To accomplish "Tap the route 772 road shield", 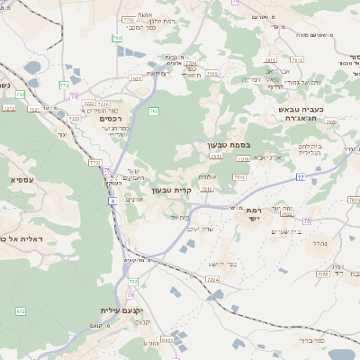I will click(65, 84).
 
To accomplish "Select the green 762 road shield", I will click(154, 112).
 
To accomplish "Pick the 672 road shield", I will click(20, 310).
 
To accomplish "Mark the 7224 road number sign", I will click(212, 279).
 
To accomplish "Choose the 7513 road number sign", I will click(238, 178).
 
